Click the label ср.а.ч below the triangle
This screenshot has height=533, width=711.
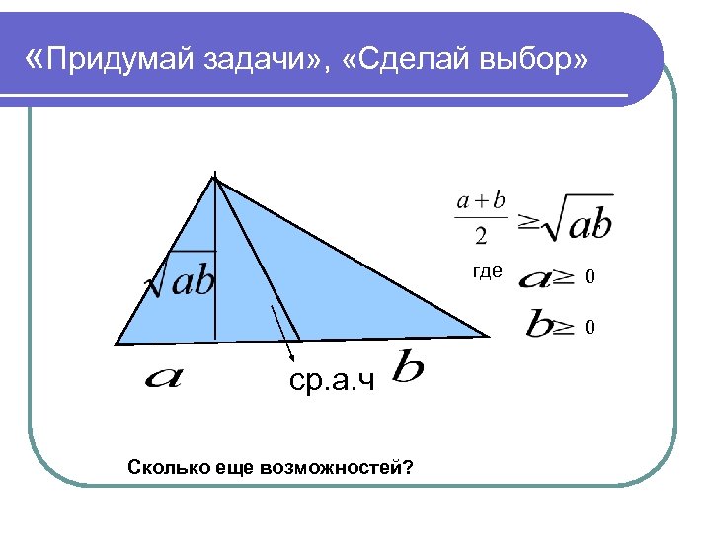point(333,381)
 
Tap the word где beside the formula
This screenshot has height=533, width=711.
point(488,272)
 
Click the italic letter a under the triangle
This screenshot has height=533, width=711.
point(163,376)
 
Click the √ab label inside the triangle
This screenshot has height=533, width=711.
point(181,281)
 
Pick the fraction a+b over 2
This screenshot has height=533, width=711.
point(481,218)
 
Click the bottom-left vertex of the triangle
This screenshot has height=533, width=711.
point(117,344)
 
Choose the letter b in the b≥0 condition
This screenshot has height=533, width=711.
point(538,324)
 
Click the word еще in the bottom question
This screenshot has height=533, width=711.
point(235,466)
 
